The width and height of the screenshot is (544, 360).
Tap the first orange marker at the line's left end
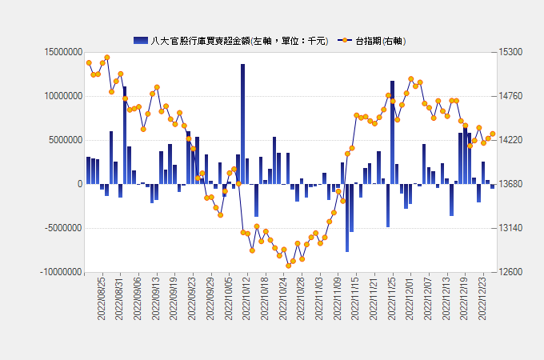click(89, 63)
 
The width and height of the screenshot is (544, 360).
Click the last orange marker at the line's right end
click(493, 134)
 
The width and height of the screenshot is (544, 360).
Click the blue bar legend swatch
click(141, 40)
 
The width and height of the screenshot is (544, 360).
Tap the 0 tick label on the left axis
click(79, 184)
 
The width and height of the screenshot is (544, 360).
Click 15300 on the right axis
click(510, 52)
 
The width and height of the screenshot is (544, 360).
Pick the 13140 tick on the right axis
click(510, 228)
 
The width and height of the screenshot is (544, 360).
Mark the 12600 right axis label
click(510, 272)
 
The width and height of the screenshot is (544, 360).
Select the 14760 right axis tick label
click(510, 96)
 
